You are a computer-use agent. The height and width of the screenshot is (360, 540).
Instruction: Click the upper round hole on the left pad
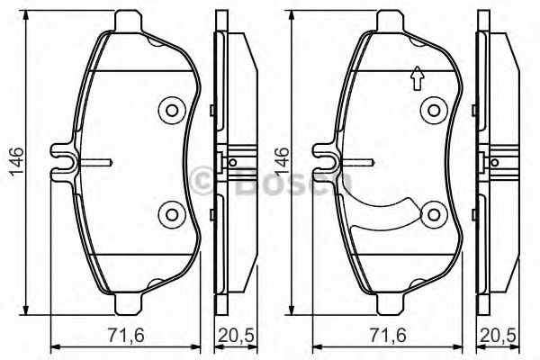pos(169,112)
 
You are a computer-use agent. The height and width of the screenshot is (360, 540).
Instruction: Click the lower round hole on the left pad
pos(169,213)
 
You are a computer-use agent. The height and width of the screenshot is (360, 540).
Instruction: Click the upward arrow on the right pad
pos(416,81)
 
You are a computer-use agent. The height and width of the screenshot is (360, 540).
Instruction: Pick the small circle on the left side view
pos(232,163)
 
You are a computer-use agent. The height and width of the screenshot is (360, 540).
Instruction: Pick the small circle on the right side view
pos(496,163)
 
